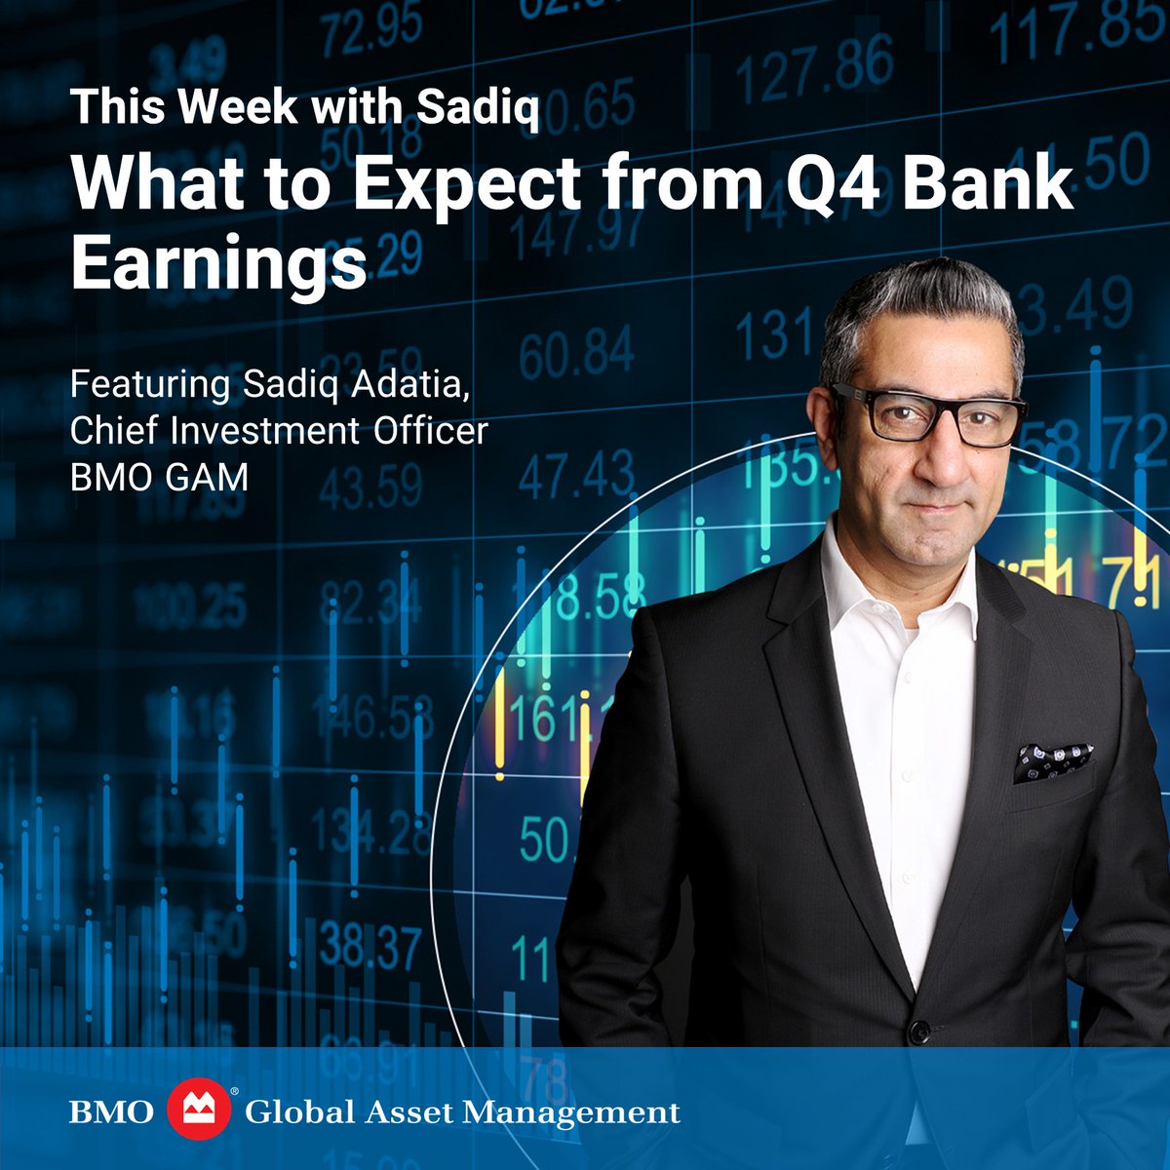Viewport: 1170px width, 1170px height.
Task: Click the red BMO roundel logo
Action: click(201, 1112)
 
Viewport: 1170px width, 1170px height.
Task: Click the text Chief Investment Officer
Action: click(278, 431)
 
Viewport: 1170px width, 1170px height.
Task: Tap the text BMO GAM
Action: click(158, 478)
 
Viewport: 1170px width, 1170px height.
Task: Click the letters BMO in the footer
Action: click(111, 1112)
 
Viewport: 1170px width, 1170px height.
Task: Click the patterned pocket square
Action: click(1051, 760)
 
